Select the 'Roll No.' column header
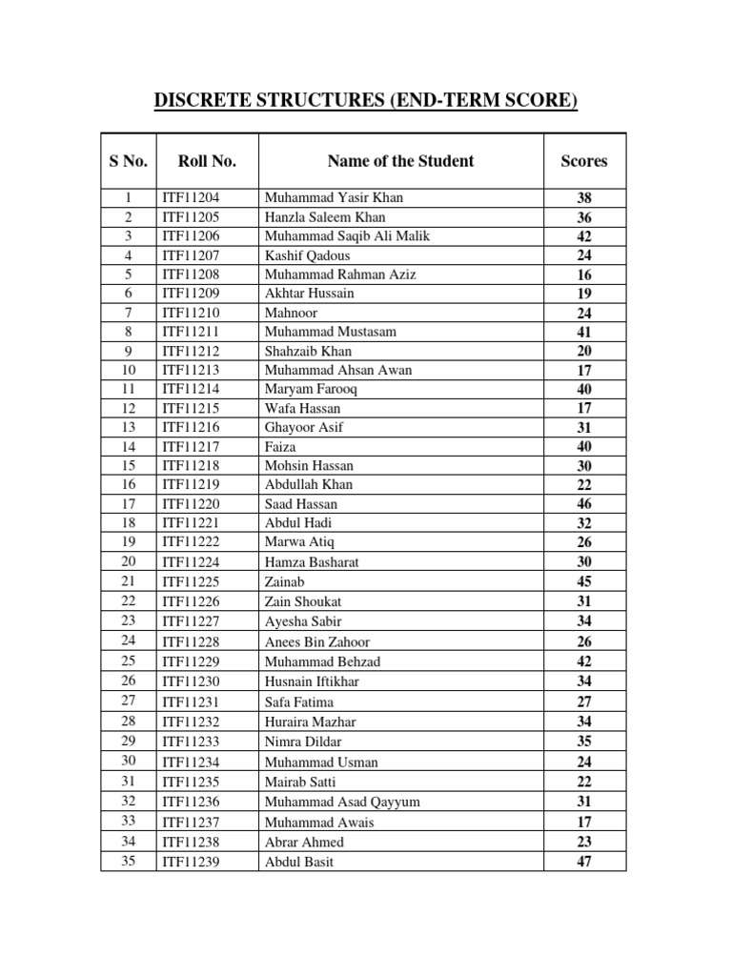tap(207, 161)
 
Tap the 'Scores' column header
tap(584, 161)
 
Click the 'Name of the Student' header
tap(400, 161)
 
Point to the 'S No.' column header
tap(128, 161)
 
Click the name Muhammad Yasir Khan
tap(334, 198)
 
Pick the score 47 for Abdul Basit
tap(584, 862)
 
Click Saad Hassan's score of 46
tap(584, 504)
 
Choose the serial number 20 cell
tap(128, 561)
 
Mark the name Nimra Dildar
tap(303, 742)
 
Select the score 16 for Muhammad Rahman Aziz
tap(584, 274)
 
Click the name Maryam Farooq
tap(312, 389)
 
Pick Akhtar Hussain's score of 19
tap(584, 294)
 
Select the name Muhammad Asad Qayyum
tap(342, 802)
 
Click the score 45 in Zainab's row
tap(584, 581)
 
